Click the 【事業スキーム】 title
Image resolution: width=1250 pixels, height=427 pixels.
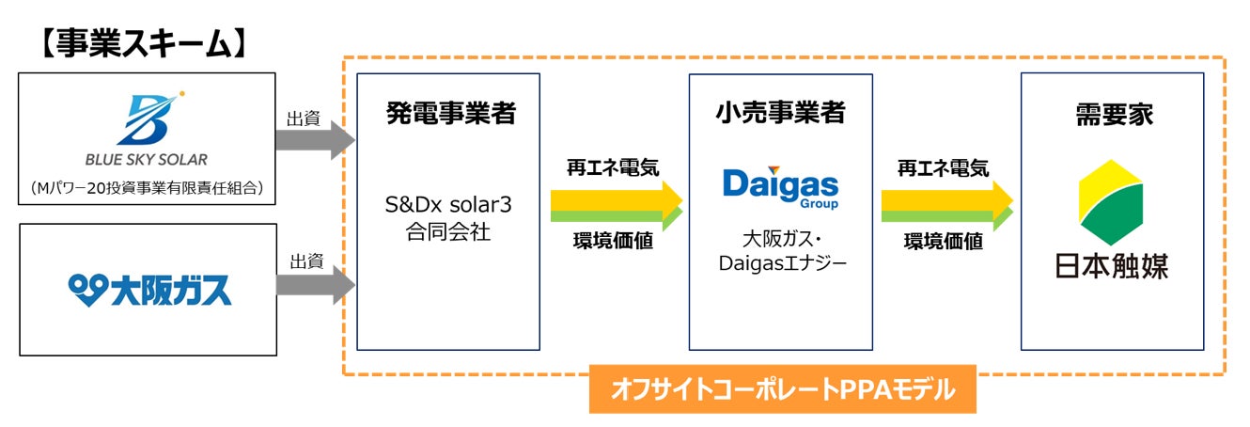pyautogui.click(x=141, y=43)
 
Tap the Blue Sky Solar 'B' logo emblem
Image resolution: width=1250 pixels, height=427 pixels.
pyautogui.click(x=148, y=119)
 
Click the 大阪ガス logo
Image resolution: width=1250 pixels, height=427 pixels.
pyautogui.click(x=149, y=290)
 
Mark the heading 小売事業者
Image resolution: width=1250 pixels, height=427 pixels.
pyautogui.click(x=781, y=114)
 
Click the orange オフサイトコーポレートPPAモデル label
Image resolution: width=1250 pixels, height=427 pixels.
pyautogui.click(x=782, y=388)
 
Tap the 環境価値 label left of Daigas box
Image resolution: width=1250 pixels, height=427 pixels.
pyautogui.click(x=613, y=242)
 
